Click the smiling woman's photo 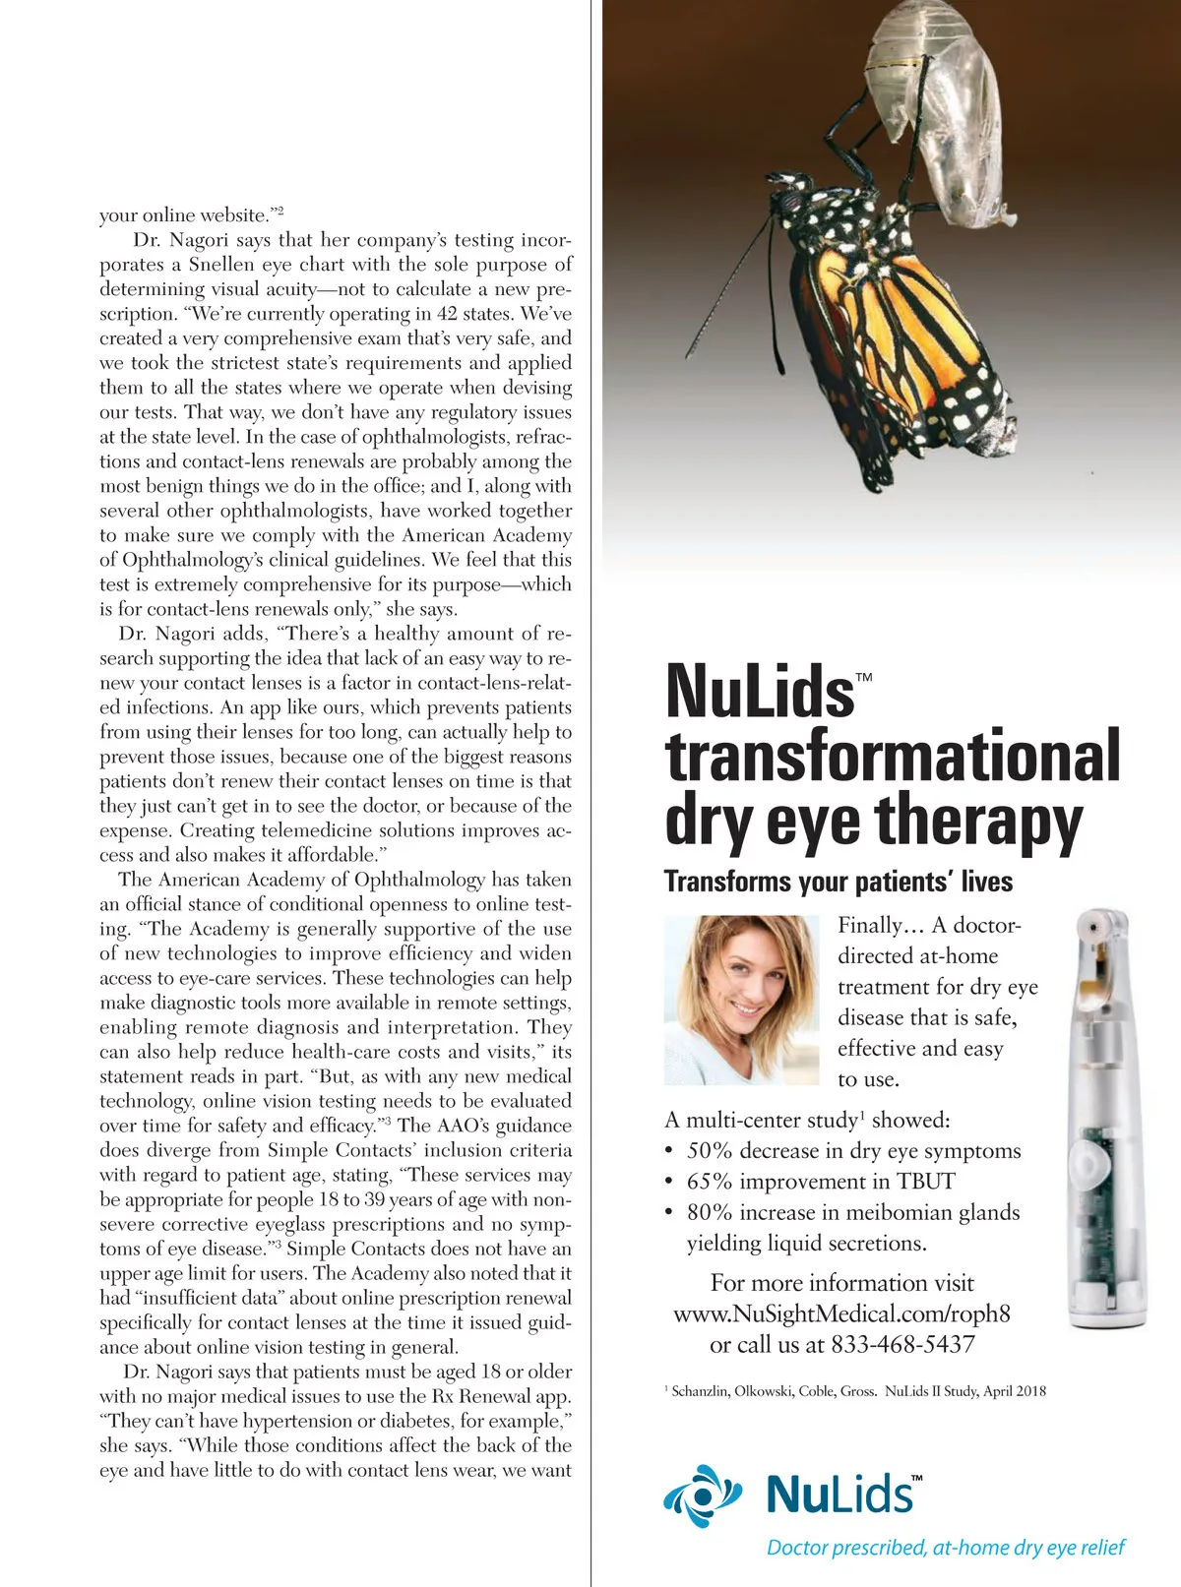point(741,1000)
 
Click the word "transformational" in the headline point(893,757)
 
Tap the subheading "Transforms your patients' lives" point(838,881)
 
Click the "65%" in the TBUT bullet point(709,1182)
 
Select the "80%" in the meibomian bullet point(709,1212)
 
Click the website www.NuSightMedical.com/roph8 point(841,1313)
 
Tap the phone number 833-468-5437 point(902,1344)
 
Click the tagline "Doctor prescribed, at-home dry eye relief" point(945,1548)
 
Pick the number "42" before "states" point(448,314)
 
